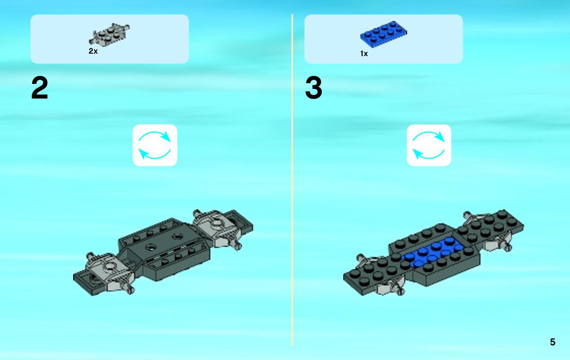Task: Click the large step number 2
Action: point(39,88)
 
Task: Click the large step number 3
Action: point(314,88)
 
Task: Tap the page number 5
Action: point(552,342)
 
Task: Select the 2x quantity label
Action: point(93,51)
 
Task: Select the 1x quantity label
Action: point(364,54)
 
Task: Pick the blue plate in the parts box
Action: point(384,34)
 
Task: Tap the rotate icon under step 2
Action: point(155,145)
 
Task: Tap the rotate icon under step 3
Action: point(429,145)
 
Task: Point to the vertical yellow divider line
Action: point(292,180)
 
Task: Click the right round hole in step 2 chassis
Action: point(177,237)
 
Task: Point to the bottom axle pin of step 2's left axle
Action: point(129,289)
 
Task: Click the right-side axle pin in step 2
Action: point(236,245)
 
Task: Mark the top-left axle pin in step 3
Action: point(365,260)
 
